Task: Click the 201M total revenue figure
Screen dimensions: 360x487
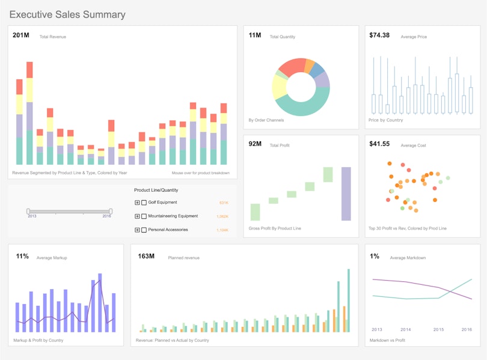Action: (x=20, y=36)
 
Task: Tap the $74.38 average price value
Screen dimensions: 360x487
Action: (x=379, y=35)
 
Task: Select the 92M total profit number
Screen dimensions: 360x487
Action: (x=255, y=144)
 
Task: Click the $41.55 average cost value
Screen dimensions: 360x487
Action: (x=379, y=144)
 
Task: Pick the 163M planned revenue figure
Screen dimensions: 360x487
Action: (x=146, y=257)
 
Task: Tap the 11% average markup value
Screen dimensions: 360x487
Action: (x=22, y=257)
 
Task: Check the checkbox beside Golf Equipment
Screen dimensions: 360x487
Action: (x=144, y=203)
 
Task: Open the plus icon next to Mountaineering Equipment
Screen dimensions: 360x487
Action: (x=137, y=216)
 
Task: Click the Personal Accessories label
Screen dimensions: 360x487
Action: (x=168, y=230)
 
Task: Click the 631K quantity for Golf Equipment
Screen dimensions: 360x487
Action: (x=224, y=203)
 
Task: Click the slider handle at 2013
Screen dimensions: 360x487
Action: (x=28, y=211)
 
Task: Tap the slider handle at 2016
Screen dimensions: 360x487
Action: (x=111, y=211)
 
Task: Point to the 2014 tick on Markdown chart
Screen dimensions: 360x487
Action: (x=406, y=329)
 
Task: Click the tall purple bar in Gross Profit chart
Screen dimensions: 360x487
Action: (x=346, y=194)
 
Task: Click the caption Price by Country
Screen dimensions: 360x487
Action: (x=385, y=120)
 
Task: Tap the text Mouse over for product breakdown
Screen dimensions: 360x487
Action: (x=200, y=173)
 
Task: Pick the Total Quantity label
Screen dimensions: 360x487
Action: (x=282, y=37)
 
